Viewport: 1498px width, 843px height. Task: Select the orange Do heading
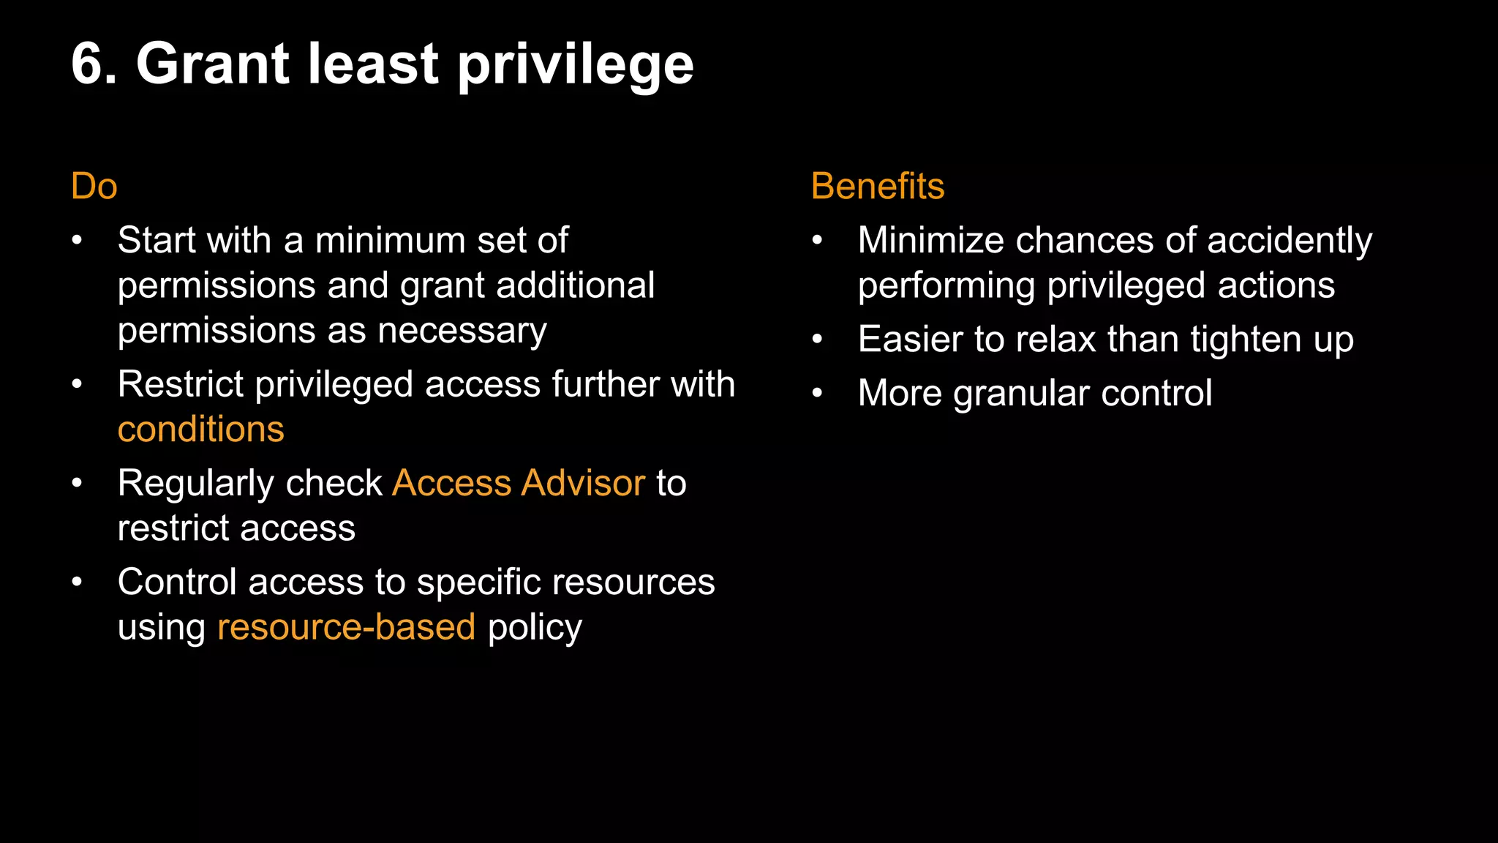[94, 186]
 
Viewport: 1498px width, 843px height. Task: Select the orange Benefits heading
[877, 186]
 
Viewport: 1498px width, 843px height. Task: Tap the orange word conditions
[200, 430]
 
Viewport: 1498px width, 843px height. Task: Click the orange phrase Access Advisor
[519, 483]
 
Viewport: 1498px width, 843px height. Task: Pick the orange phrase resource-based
[346, 627]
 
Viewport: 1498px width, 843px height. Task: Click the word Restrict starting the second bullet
[181, 384]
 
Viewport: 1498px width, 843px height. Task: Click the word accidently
[1289, 241]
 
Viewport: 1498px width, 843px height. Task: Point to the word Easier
[910, 340]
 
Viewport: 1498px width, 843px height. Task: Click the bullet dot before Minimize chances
[817, 240]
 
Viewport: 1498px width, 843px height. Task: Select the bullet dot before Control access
[77, 582]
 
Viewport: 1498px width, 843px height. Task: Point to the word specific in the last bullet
[478, 583]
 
